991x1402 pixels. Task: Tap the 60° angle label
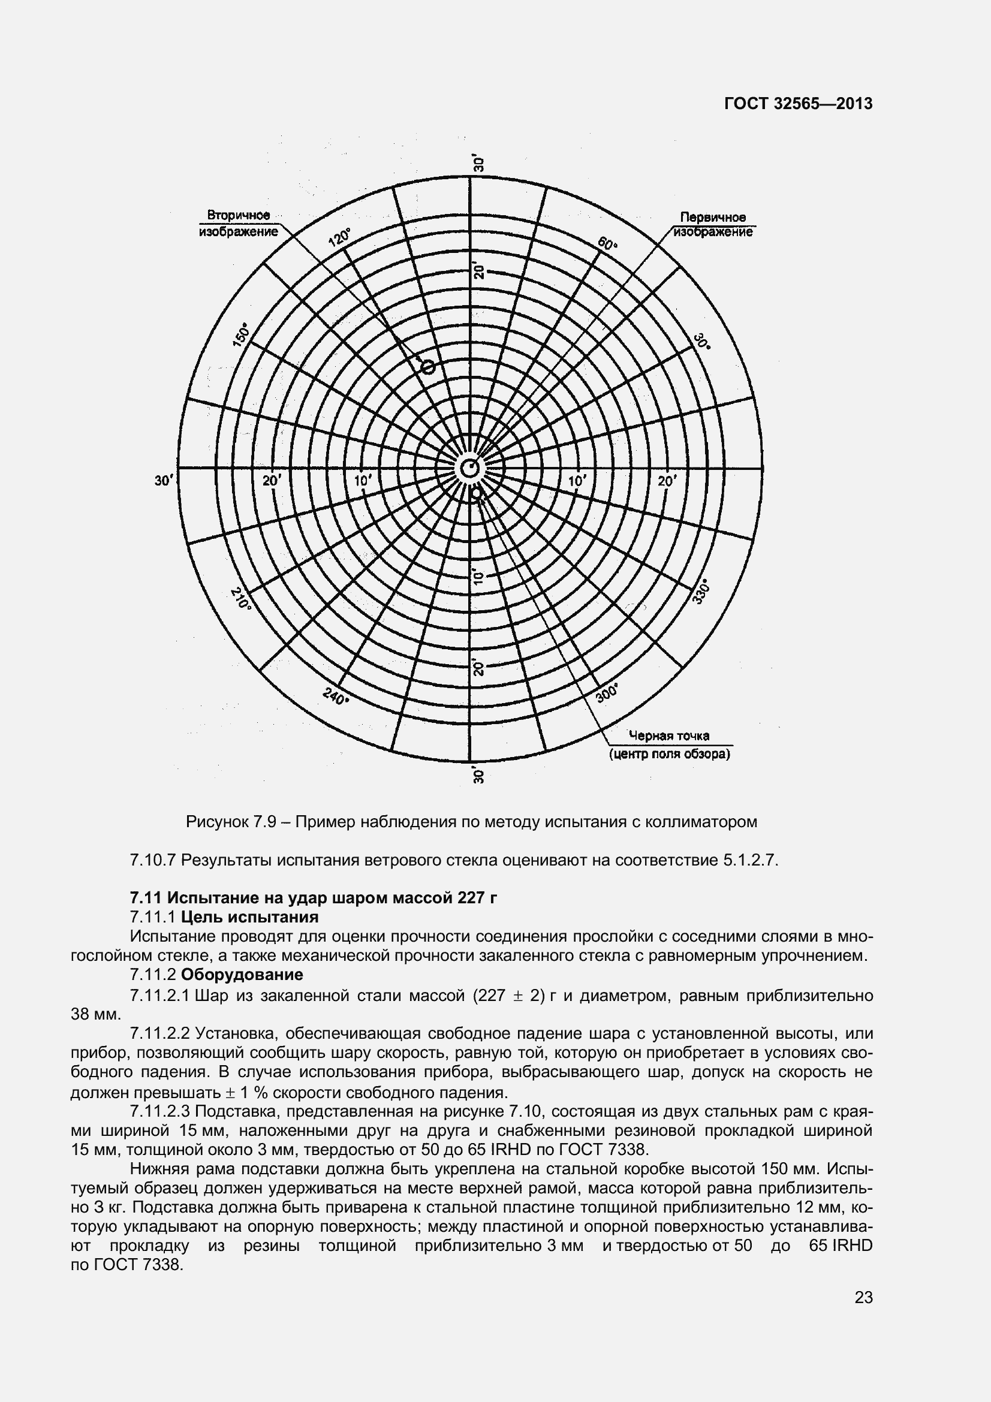608,243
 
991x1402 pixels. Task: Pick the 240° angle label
336,696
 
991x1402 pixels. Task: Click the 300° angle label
607,692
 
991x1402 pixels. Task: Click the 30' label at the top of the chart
478,164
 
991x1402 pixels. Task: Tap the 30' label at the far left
164,481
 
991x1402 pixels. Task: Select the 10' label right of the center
576,481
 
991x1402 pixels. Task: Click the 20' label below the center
478,667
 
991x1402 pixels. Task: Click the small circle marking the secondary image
429,366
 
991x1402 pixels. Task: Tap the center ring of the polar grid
469,468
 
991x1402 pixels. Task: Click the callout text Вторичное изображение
239,224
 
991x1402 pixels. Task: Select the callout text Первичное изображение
713,225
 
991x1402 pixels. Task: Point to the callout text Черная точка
670,736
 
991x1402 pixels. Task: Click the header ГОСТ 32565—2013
798,104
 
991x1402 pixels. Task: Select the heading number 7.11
146,897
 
